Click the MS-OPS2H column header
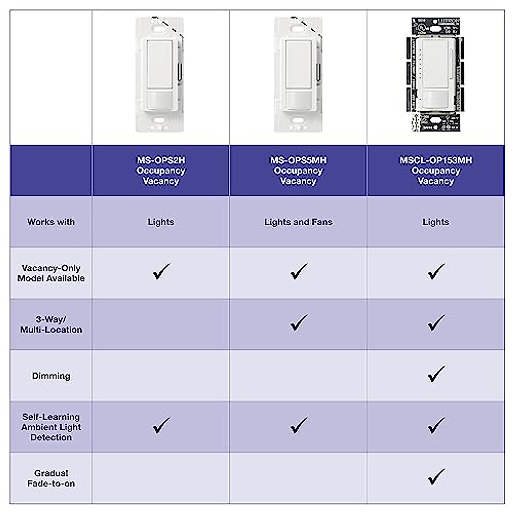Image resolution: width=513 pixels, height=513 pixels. point(161,171)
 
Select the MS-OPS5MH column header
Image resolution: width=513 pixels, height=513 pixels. point(298,171)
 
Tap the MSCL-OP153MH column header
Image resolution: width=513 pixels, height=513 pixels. point(436,171)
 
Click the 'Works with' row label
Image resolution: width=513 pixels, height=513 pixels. point(51,222)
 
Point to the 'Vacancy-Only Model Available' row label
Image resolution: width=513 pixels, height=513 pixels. point(51,273)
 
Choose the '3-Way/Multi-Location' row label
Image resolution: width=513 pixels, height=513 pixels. point(51,324)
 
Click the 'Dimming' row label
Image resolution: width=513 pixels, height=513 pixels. point(51,376)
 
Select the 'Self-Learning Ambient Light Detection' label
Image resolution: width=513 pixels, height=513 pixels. point(51,427)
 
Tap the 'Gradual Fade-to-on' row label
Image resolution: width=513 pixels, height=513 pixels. point(51,478)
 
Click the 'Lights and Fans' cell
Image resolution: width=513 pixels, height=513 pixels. point(298,222)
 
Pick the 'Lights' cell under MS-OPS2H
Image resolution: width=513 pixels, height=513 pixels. point(161,222)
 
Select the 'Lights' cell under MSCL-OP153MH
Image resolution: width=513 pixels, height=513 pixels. point(436,222)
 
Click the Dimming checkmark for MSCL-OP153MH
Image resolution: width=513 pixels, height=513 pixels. point(436,374)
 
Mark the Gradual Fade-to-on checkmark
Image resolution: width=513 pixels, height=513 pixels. point(436,477)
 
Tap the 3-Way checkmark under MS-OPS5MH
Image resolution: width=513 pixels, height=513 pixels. point(298,323)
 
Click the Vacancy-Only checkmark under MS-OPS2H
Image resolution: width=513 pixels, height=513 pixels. point(161,271)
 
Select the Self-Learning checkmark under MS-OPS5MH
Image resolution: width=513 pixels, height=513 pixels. point(298,425)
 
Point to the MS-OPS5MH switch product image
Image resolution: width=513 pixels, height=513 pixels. point(298,75)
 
